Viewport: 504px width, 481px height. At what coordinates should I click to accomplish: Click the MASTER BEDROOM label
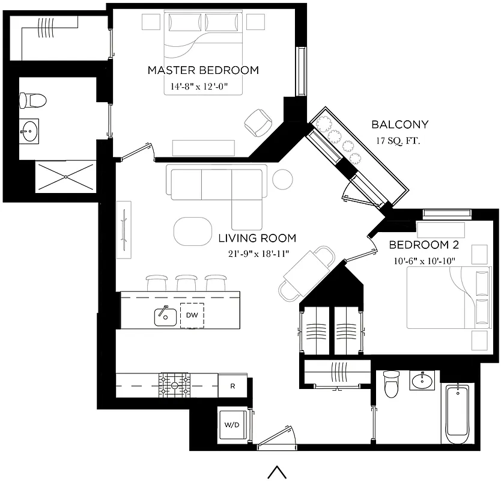click(203, 70)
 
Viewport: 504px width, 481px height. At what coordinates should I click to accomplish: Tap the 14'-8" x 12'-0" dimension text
click(202, 87)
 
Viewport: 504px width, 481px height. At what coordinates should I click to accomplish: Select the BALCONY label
click(399, 125)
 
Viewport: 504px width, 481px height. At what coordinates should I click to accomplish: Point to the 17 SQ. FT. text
click(398, 141)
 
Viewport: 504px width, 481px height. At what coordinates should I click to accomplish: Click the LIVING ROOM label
click(250, 238)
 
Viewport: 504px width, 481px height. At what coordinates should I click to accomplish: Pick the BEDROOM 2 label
click(419, 245)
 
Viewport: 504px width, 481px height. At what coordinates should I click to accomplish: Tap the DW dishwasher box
click(192, 315)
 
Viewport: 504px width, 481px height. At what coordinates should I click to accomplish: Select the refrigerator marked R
click(232, 386)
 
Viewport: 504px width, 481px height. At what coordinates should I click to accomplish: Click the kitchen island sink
click(165, 315)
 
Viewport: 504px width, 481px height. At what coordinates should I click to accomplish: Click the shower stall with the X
click(65, 177)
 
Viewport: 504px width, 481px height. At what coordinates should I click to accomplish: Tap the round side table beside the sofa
click(282, 179)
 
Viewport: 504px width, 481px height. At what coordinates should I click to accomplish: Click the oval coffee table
click(193, 230)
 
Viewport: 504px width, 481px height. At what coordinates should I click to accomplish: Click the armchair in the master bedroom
click(258, 122)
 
